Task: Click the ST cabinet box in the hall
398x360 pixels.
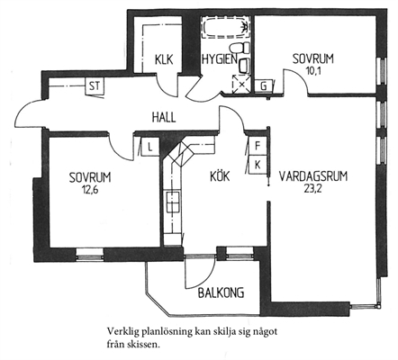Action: pyautogui.click(x=95, y=86)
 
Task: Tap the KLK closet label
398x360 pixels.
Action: pyautogui.click(x=164, y=59)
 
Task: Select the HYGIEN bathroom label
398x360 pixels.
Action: pyautogui.click(x=219, y=59)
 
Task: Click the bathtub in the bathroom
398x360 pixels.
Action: pyautogui.click(x=226, y=28)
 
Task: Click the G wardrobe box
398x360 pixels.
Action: pyautogui.click(x=264, y=86)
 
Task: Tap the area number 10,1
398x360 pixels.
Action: pyautogui.click(x=313, y=71)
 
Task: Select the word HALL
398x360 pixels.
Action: pyautogui.click(x=164, y=117)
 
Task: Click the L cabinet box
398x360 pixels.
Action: pyautogui.click(x=149, y=147)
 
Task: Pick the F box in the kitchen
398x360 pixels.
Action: pyautogui.click(x=258, y=146)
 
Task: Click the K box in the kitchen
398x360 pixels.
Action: pyautogui.click(x=258, y=165)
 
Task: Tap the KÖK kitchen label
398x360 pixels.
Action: pyautogui.click(x=220, y=175)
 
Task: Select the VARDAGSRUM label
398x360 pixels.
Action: pyautogui.click(x=313, y=176)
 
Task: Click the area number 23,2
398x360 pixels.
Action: pyautogui.click(x=313, y=189)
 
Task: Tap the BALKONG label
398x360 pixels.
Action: pyautogui.click(x=221, y=292)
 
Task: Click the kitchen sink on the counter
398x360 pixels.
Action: pyautogui.click(x=172, y=202)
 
